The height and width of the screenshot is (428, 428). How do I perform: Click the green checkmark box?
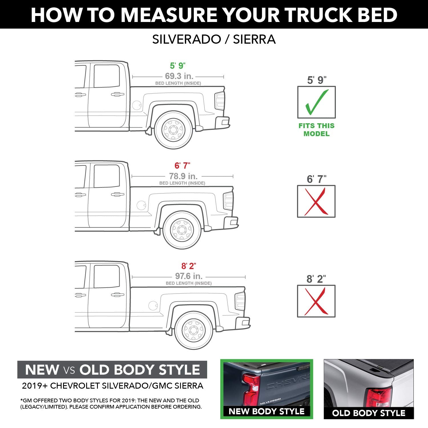[x=316, y=102]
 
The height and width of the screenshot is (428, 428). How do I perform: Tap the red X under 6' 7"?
[x=316, y=201]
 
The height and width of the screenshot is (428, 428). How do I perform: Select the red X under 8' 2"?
[x=316, y=301]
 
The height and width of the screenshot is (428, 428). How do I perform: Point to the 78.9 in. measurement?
[x=183, y=176]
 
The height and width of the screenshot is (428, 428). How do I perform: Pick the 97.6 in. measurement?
[x=189, y=276]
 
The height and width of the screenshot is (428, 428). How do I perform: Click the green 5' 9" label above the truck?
[x=177, y=66]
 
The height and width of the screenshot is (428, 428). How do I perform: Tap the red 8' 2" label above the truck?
[x=189, y=266]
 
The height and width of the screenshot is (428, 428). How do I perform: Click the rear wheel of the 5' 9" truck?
[x=173, y=130]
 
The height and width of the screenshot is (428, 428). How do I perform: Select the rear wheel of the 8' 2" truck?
[x=194, y=330]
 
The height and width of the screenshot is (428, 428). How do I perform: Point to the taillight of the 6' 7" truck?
[x=228, y=201]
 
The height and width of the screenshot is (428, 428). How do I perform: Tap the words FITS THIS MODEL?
[x=316, y=130]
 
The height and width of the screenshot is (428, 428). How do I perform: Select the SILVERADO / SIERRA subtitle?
[x=214, y=39]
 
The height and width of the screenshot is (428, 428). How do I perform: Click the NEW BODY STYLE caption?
[x=267, y=411]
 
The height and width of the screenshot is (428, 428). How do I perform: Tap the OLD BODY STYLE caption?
[x=369, y=413]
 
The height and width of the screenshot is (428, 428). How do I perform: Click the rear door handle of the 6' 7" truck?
[x=117, y=195]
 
